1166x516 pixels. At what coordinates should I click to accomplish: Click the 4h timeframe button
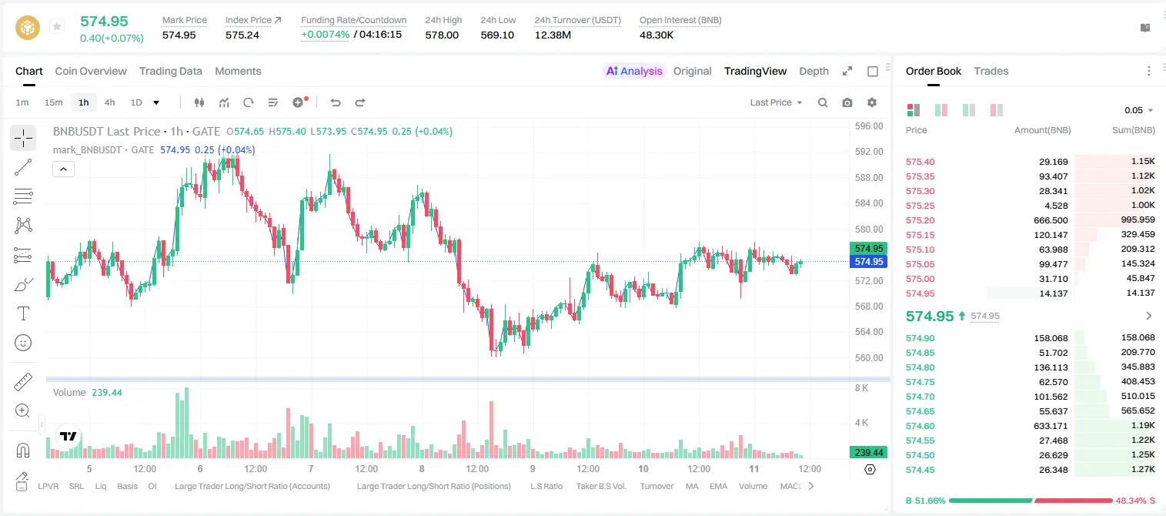click(x=109, y=102)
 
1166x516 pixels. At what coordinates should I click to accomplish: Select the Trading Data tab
click(x=170, y=71)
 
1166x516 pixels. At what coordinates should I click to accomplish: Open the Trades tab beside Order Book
click(x=991, y=71)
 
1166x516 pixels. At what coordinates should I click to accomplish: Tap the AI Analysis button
click(x=634, y=71)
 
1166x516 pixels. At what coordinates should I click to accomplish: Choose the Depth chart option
click(x=814, y=71)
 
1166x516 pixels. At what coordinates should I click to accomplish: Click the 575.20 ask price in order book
click(x=920, y=220)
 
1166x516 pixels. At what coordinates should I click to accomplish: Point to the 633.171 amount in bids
click(x=1051, y=426)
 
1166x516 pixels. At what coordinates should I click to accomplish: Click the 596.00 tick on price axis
click(x=869, y=126)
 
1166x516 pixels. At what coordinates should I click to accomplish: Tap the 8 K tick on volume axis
click(x=861, y=388)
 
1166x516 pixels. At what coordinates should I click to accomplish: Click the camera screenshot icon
click(x=847, y=102)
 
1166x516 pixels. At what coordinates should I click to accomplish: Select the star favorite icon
click(x=57, y=26)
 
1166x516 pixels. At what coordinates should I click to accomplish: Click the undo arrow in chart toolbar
click(x=336, y=102)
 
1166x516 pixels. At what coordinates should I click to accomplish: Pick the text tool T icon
click(x=23, y=313)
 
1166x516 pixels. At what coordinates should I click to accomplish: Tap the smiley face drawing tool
click(x=23, y=343)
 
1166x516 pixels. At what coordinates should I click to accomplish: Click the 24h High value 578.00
click(x=442, y=35)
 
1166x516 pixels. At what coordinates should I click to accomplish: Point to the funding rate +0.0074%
click(x=326, y=35)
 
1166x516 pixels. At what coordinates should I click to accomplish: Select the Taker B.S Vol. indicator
click(x=600, y=486)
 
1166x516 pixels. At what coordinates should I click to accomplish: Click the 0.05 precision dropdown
click(x=1138, y=110)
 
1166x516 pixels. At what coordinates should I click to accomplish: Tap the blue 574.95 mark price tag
click(x=868, y=261)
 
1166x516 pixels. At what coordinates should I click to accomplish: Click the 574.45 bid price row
click(x=920, y=470)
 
